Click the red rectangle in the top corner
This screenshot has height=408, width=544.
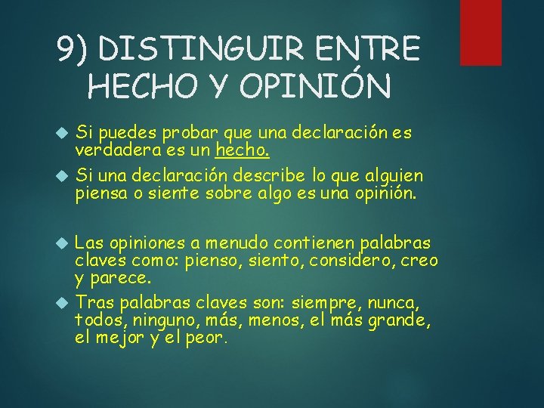coord(481,32)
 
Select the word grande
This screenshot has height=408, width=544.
coord(405,320)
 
